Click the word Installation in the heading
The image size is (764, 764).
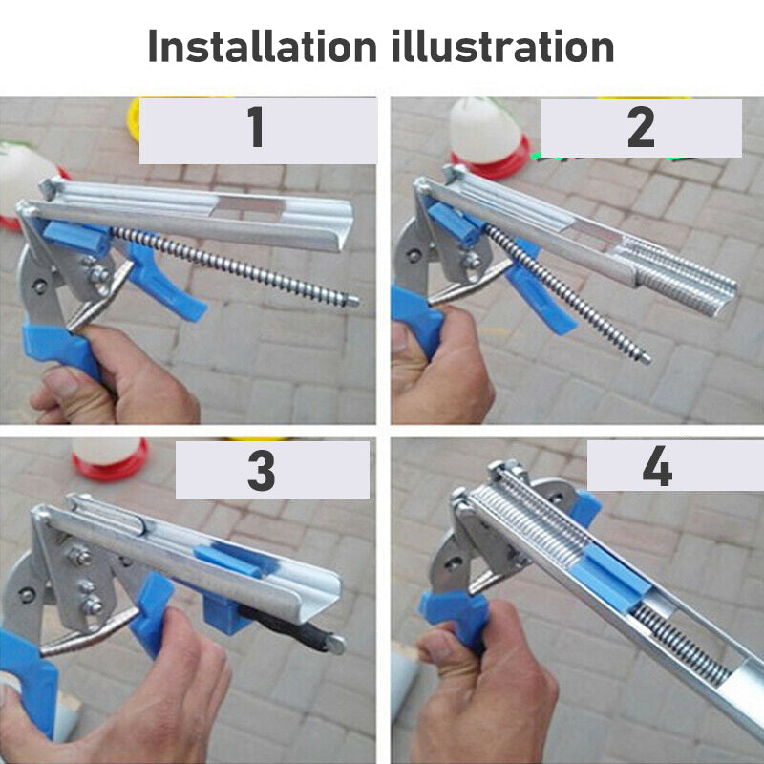[262, 46]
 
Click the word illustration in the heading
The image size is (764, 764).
[502, 46]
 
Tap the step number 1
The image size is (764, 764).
[256, 127]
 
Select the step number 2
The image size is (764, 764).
[640, 127]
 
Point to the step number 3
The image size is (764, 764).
[261, 470]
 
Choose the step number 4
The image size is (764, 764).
[657, 466]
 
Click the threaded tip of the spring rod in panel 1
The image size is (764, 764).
[350, 300]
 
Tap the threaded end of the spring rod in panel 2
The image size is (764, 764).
[644, 358]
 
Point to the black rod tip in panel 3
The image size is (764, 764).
[336, 645]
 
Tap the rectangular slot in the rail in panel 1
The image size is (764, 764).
[248, 205]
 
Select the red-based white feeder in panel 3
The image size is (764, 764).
[109, 458]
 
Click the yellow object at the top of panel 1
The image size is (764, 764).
[133, 119]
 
